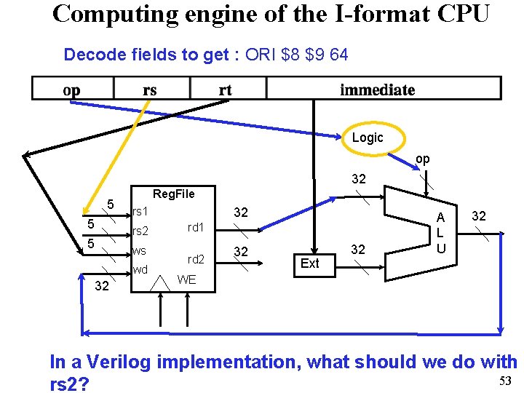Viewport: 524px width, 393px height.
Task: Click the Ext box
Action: click(309, 263)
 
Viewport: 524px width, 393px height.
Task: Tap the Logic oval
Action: click(367, 138)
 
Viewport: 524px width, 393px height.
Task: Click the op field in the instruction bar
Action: click(72, 90)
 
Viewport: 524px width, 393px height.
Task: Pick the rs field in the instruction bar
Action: click(150, 90)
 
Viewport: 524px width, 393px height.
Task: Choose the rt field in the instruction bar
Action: click(226, 90)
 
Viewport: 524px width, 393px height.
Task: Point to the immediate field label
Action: click(377, 90)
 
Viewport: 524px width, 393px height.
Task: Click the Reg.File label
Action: click(174, 193)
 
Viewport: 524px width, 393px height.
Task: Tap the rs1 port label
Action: click(140, 212)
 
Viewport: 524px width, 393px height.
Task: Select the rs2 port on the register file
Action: click(140, 232)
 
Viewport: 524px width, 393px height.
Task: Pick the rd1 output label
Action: click(195, 227)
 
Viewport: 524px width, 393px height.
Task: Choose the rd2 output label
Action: click(195, 259)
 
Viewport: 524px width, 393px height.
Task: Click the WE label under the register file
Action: click(186, 279)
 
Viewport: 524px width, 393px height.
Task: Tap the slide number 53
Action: click(506, 381)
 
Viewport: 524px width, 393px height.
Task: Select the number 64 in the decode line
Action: click(338, 55)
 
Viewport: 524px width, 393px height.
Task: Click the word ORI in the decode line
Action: click(261, 55)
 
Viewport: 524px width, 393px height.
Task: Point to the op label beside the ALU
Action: click(422, 159)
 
